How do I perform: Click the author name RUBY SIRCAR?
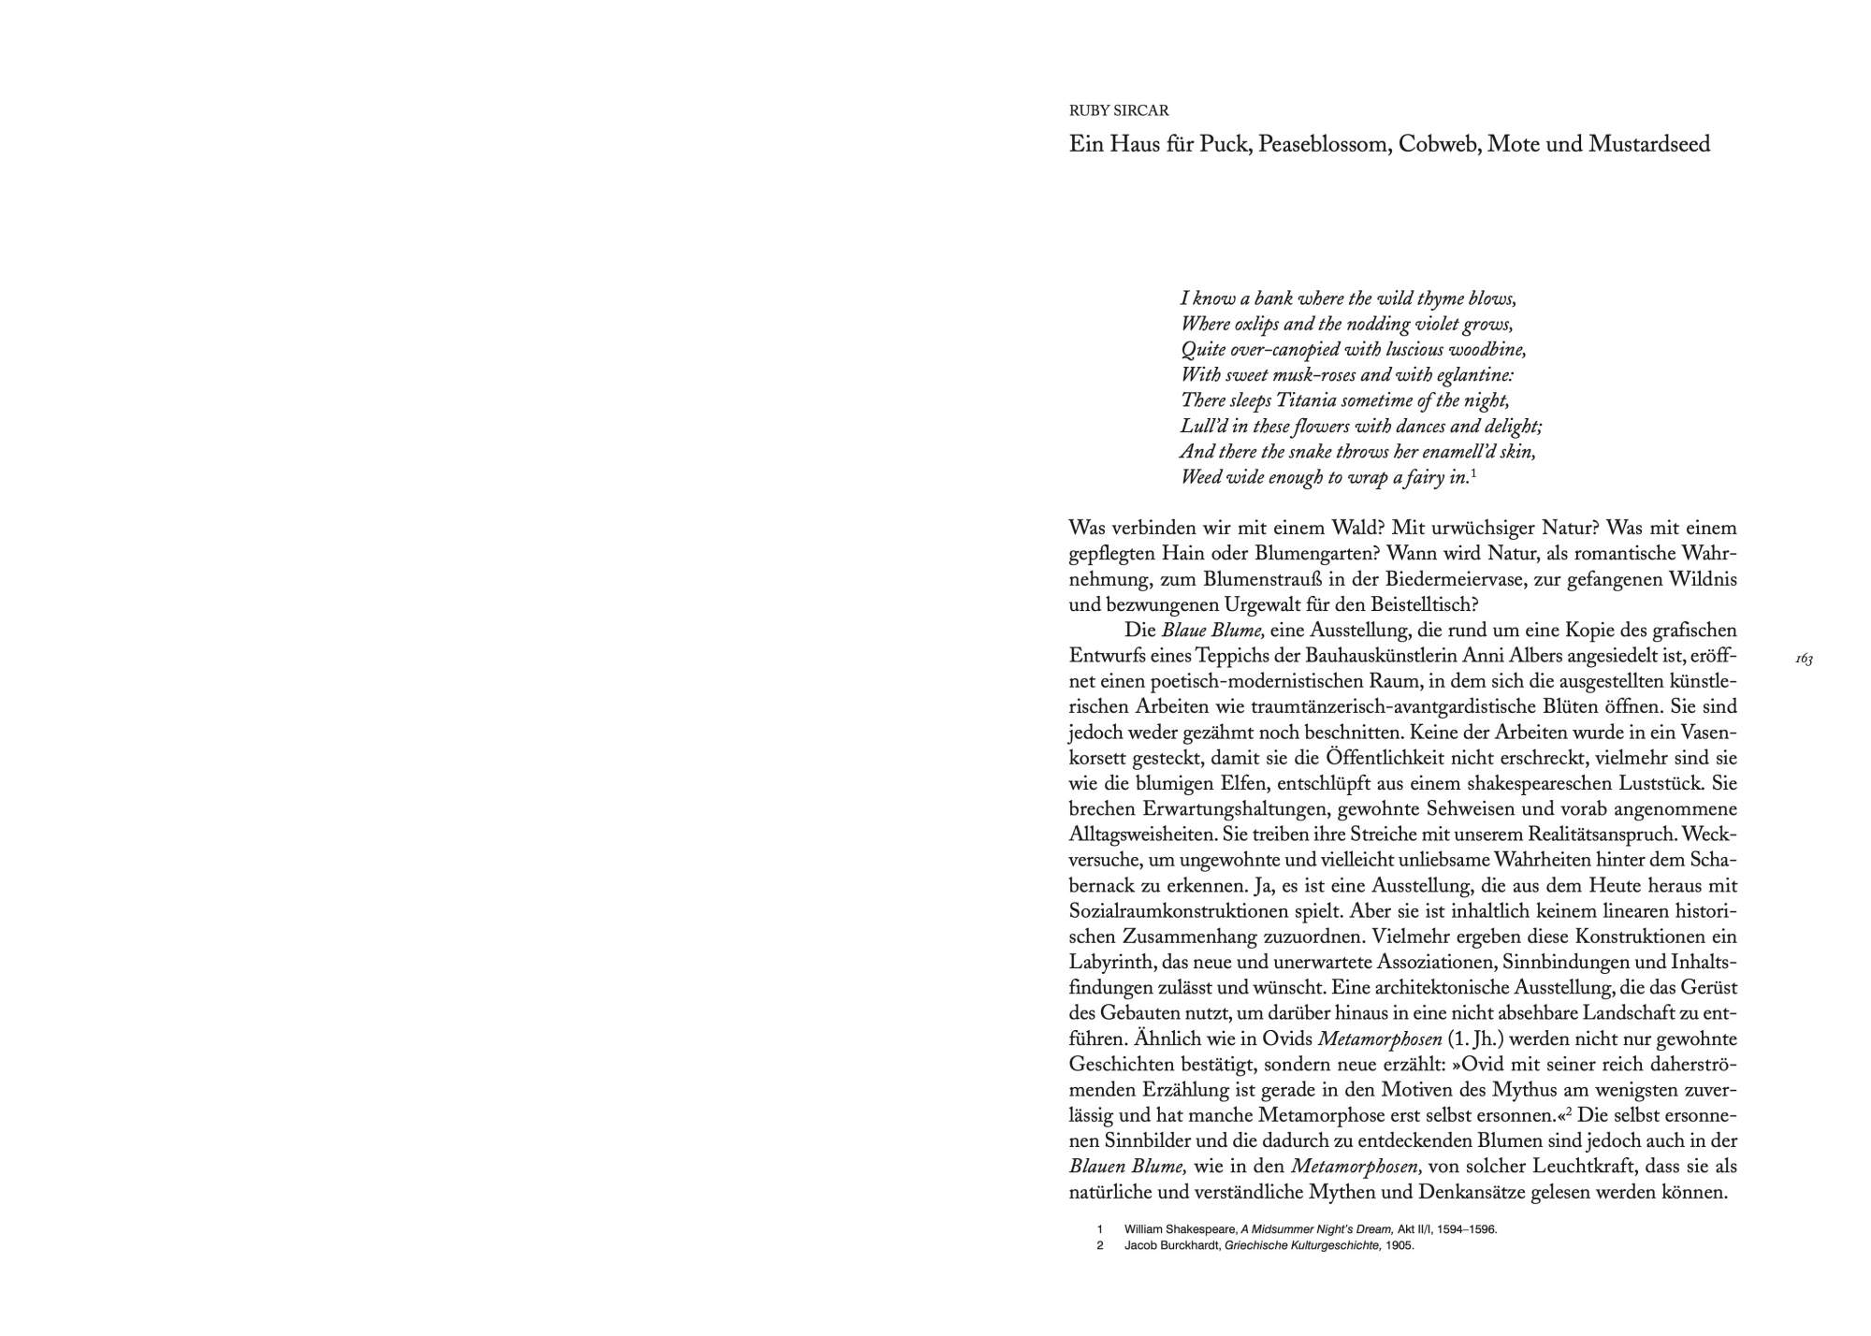(x=1119, y=110)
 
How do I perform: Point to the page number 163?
(x=1804, y=660)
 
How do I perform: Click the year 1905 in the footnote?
(x=1400, y=1245)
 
